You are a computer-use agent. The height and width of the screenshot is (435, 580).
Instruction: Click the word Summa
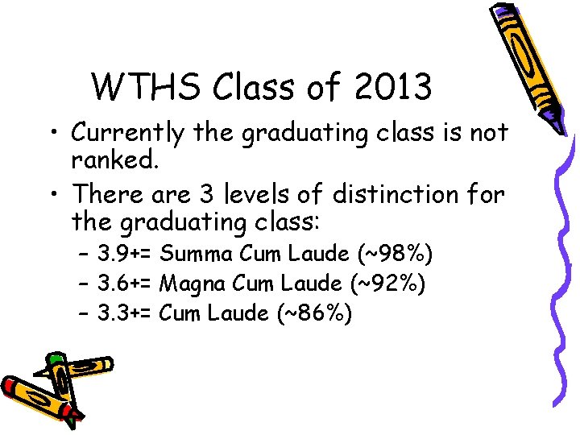(197, 255)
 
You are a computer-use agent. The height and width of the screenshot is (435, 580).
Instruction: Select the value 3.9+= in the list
(126, 255)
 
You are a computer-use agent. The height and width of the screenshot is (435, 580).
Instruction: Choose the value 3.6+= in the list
(126, 284)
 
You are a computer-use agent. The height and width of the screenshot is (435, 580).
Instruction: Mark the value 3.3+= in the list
(126, 313)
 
